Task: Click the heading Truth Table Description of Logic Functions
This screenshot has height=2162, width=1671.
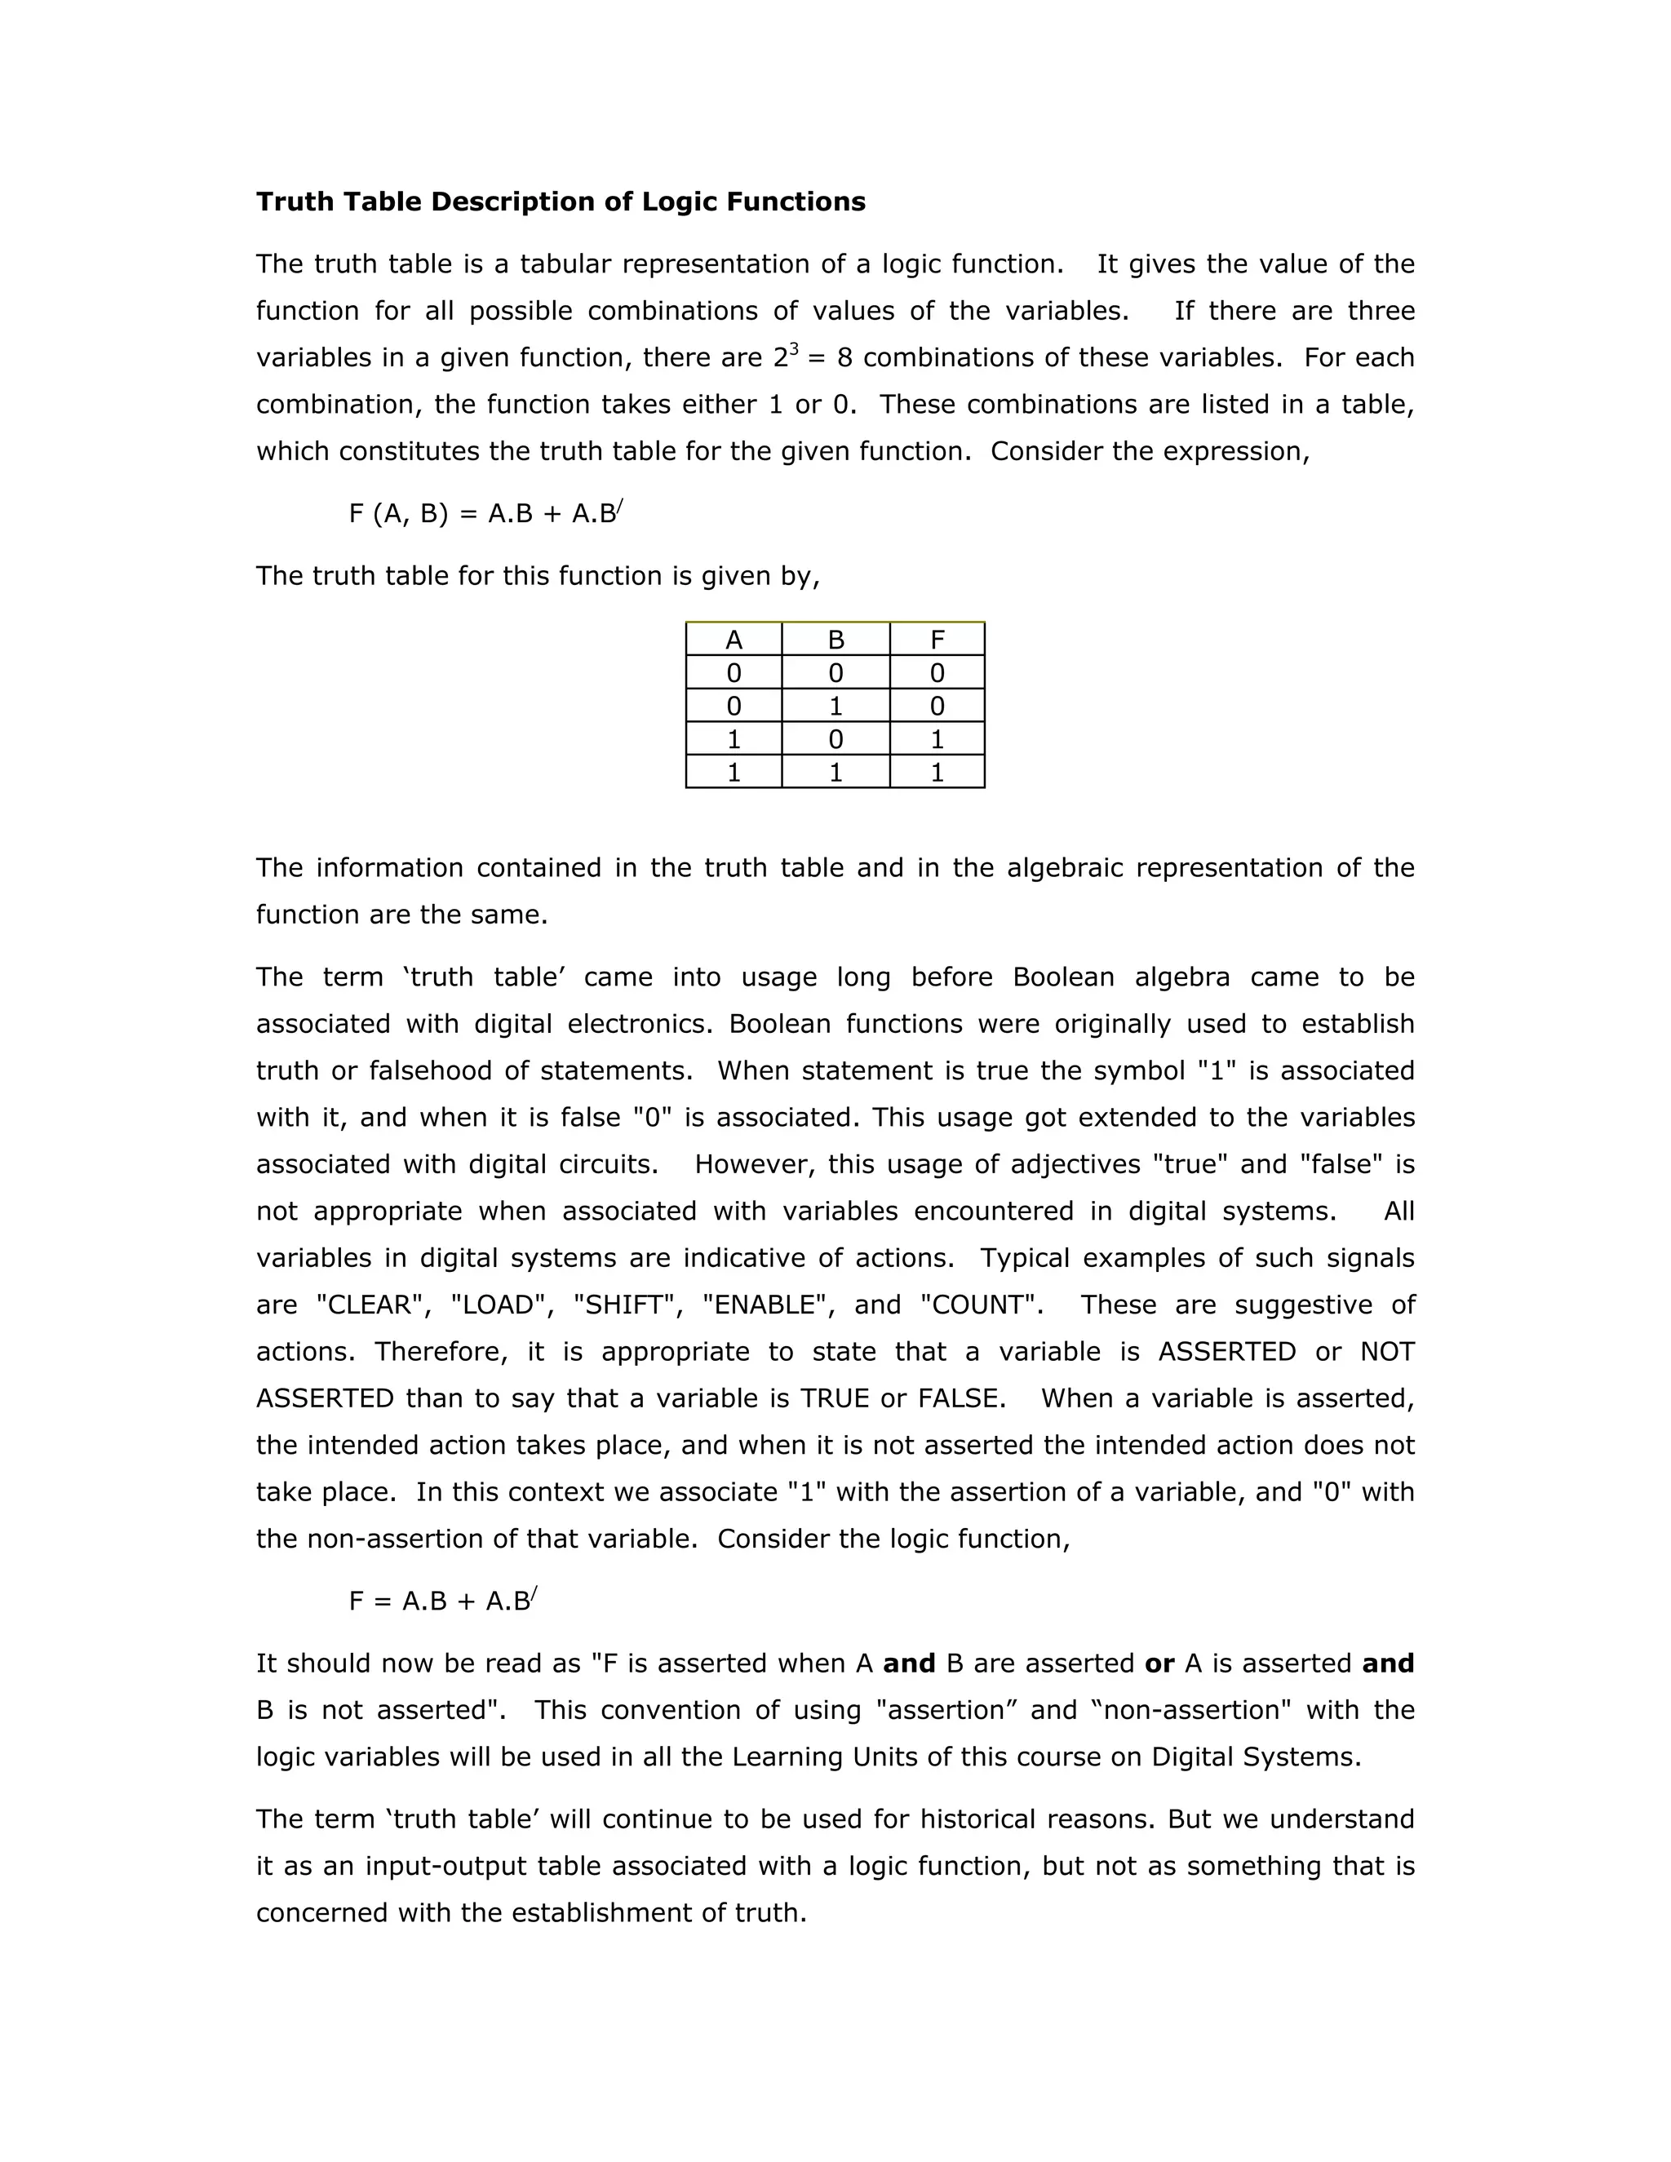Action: [x=561, y=202]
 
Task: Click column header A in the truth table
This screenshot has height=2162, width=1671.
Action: [x=734, y=640]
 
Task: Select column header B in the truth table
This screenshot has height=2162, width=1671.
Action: [x=835, y=640]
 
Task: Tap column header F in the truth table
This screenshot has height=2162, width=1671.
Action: [x=937, y=640]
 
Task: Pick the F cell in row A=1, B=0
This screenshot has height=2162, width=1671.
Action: [x=937, y=739]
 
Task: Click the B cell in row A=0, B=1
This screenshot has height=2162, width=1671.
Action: [x=835, y=706]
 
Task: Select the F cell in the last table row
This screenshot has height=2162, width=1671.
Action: [x=937, y=772]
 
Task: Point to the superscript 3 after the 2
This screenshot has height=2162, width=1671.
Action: [x=794, y=348]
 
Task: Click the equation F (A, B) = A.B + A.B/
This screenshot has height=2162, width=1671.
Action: [x=485, y=514]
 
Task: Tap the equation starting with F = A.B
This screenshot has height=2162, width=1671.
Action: [x=442, y=1601]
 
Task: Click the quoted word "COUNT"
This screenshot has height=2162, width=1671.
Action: [x=981, y=1305]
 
